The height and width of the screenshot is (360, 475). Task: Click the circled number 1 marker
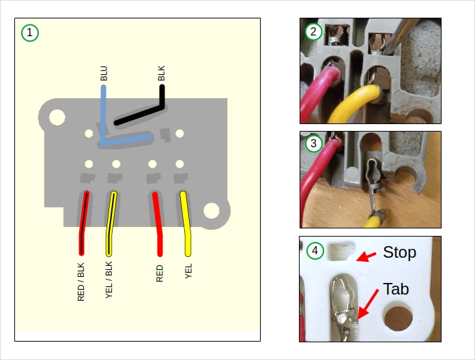[30, 32]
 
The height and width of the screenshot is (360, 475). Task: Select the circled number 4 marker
[314, 250]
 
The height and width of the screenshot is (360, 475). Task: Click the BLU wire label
[104, 74]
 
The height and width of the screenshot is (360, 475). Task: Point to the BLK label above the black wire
[161, 74]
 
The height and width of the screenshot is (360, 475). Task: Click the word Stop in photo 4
[399, 252]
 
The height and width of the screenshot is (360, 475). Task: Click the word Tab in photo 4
[396, 288]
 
